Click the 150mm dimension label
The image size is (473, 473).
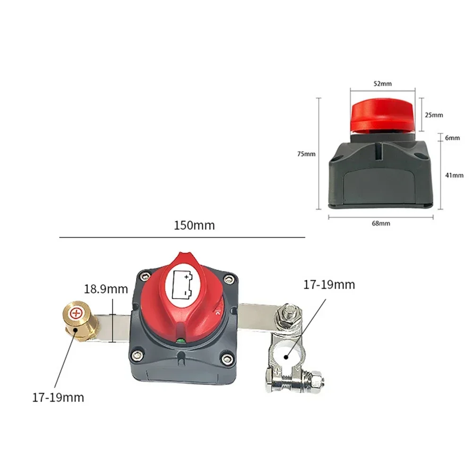pyautogui.click(x=194, y=225)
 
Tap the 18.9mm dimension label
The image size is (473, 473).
pyautogui.click(x=106, y=289)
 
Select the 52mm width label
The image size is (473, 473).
pyautogui.click(x=382, y=84)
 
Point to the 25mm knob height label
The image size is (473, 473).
pyautogui.click(x=434, y=115)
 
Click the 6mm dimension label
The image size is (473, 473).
pyautogui.click(x=453, y=138)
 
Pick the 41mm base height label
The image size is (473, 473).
pyautogui.click(x=454, y=175)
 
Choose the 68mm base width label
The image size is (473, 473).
pyautogui.click(x=381, y=224)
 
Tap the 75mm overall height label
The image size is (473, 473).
pyautogui.click(x=306, y=154)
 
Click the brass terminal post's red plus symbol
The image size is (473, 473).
pyautogui.click(x=76, y=313)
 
